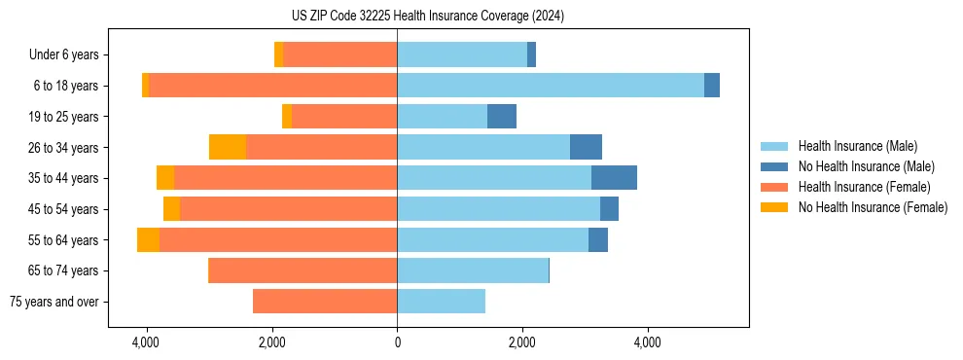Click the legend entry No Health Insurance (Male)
click(866, 166)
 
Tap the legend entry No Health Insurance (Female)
click(873, 207)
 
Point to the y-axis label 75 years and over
click(54, 302)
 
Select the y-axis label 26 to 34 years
click(63, 147)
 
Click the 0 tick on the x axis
click(397, 342)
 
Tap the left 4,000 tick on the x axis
click(146, 342)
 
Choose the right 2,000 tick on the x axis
click(522, 342)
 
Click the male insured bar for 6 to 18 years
click(551, 86)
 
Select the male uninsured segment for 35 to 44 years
click(614, 178)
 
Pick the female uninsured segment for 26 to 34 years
click(228, 147)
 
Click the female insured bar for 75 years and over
click(325, 302)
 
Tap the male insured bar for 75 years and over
click(441, 302)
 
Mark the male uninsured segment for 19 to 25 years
click(502, 117)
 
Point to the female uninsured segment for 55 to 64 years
click(148, 239)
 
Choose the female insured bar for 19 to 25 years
click(344, 117)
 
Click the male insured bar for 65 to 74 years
click(473, 270)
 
